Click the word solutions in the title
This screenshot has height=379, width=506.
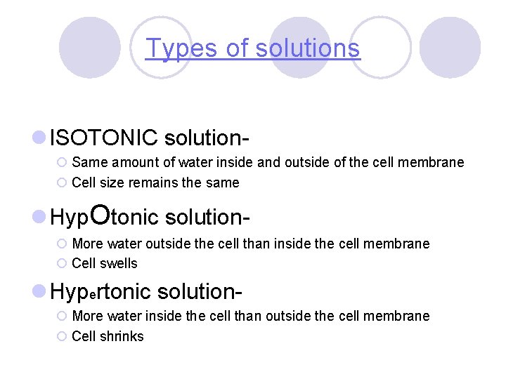point(307,48)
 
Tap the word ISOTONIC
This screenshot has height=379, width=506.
point(104,137)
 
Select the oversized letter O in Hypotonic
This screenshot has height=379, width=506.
point(100,215)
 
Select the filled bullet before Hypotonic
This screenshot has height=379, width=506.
point(40,218)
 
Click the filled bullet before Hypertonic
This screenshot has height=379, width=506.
point(40,290)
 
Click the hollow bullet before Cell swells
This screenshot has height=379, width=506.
point(61,263)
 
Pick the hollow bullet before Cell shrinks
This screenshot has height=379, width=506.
point(61,336)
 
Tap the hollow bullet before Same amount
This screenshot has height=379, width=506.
point(61,163)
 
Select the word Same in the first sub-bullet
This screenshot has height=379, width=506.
point(88,163)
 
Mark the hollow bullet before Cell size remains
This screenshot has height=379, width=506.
point(61,182)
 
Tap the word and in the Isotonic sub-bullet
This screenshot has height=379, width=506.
point(268,163)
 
